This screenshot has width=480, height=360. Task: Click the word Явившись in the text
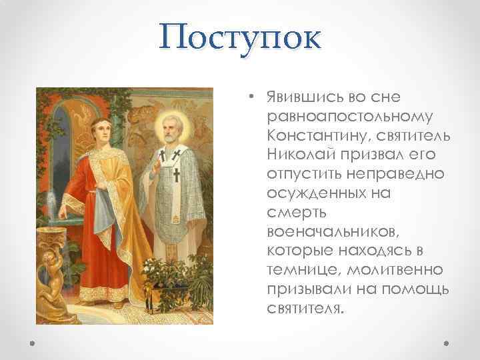pyautogui.click(x=297, y=98)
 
